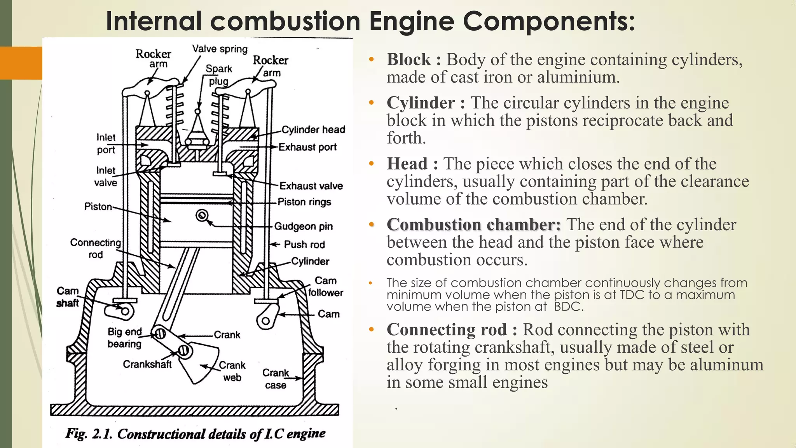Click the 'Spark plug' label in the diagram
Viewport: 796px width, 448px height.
(x=218, y=75)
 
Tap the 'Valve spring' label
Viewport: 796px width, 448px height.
(x=220, y=49)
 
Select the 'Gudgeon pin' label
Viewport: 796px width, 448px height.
(x=304, y=226)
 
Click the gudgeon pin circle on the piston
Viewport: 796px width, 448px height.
(x=202, y=215)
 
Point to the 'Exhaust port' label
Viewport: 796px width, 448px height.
(x=307, y=147)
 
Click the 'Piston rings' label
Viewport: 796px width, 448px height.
(x=304, y=202)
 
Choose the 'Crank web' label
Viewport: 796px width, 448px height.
(x=232, y=371)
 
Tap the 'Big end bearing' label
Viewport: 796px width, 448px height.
(x=125, y=338)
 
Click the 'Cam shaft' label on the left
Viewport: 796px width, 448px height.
(x=68, y=297)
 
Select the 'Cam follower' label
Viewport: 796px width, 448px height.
(x=326, y=287)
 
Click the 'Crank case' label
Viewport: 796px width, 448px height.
(x=276, y=379)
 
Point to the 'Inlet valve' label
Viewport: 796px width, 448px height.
(x=106, y=176)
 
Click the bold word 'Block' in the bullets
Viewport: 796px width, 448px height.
(x=409, y=59)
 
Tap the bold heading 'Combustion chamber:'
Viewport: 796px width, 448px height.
(x=474, y=225)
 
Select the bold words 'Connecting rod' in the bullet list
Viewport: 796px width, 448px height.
(x=447, y=329)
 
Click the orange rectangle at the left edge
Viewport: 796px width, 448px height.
(x=21, y=63)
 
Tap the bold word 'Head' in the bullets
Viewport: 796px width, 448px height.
(x=407, y=164)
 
